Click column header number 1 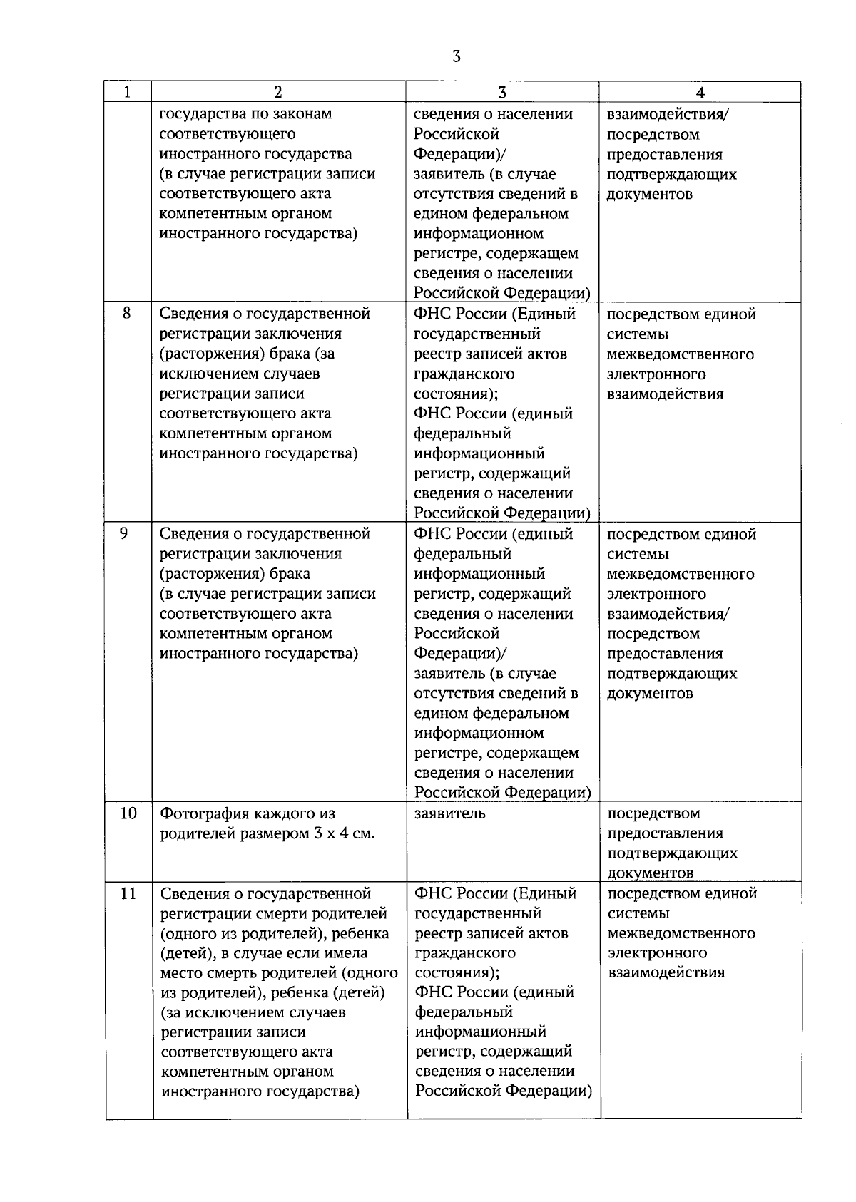pos(128,92)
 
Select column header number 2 pos(278,92)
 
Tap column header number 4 pos(700,93)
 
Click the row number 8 pos(126,313)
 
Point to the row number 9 pos(126,533)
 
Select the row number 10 pos(128,813)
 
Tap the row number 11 pos(128,893)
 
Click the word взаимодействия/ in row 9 pos(668,614)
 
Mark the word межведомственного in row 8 pos(681,354)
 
